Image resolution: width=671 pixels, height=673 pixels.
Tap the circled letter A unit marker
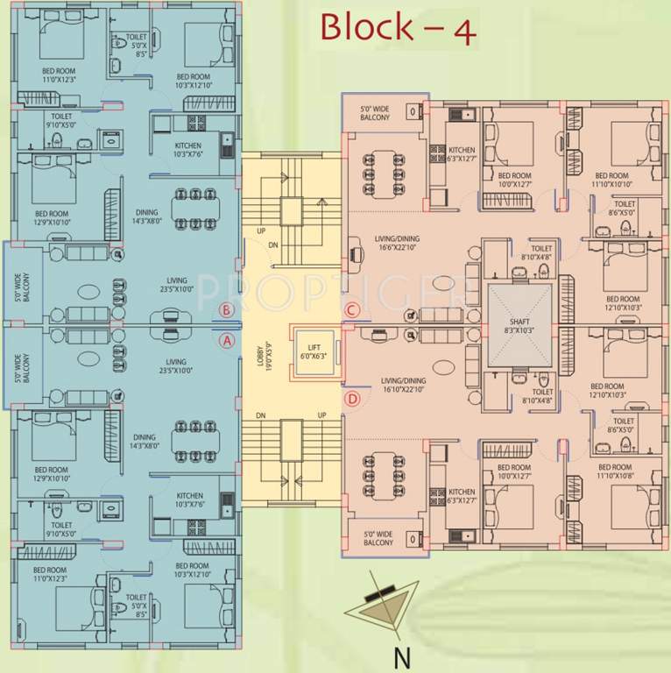click(x=227, y=341)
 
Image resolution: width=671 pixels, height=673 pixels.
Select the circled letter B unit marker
click(x=227, y=309)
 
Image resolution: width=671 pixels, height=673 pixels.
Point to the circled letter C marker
click(x=352, y=309)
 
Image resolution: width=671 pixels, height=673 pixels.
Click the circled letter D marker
click(x=352, y=400)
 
